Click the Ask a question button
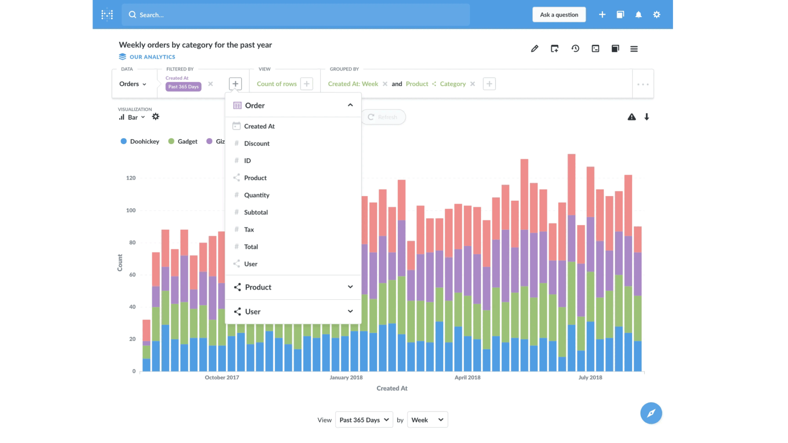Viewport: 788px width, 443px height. tap(559, 15)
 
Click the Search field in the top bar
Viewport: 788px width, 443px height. tap(295, 15)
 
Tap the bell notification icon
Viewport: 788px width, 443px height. tap(638, 15)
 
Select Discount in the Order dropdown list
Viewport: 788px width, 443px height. tap(257, 143)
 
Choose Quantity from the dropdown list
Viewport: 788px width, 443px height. tap(257, 195)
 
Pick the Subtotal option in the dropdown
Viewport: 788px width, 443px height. tap(256, 212)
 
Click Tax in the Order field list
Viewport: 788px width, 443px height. tap(249, 230)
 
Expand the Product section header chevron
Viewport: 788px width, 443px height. tap(350, 287)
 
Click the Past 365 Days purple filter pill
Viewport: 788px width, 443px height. tap(184, 87)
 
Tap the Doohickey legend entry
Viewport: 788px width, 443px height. tap(140, 142)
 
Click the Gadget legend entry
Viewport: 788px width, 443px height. tap(183, 142)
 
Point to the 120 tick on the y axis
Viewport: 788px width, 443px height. tap(131, 178)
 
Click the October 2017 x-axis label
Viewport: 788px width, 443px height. tap(222, 378)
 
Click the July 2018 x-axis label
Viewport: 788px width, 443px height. tap(590, 378)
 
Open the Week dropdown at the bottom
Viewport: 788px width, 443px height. tap(427, 420)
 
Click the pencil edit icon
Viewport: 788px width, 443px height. tap(534, 48)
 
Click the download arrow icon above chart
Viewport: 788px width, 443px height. tap(647, 117)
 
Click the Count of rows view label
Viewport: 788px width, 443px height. tap(277, 84)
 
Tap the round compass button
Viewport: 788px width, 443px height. tap(651, 413)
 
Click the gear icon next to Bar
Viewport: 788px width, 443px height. tap(155, 117)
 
